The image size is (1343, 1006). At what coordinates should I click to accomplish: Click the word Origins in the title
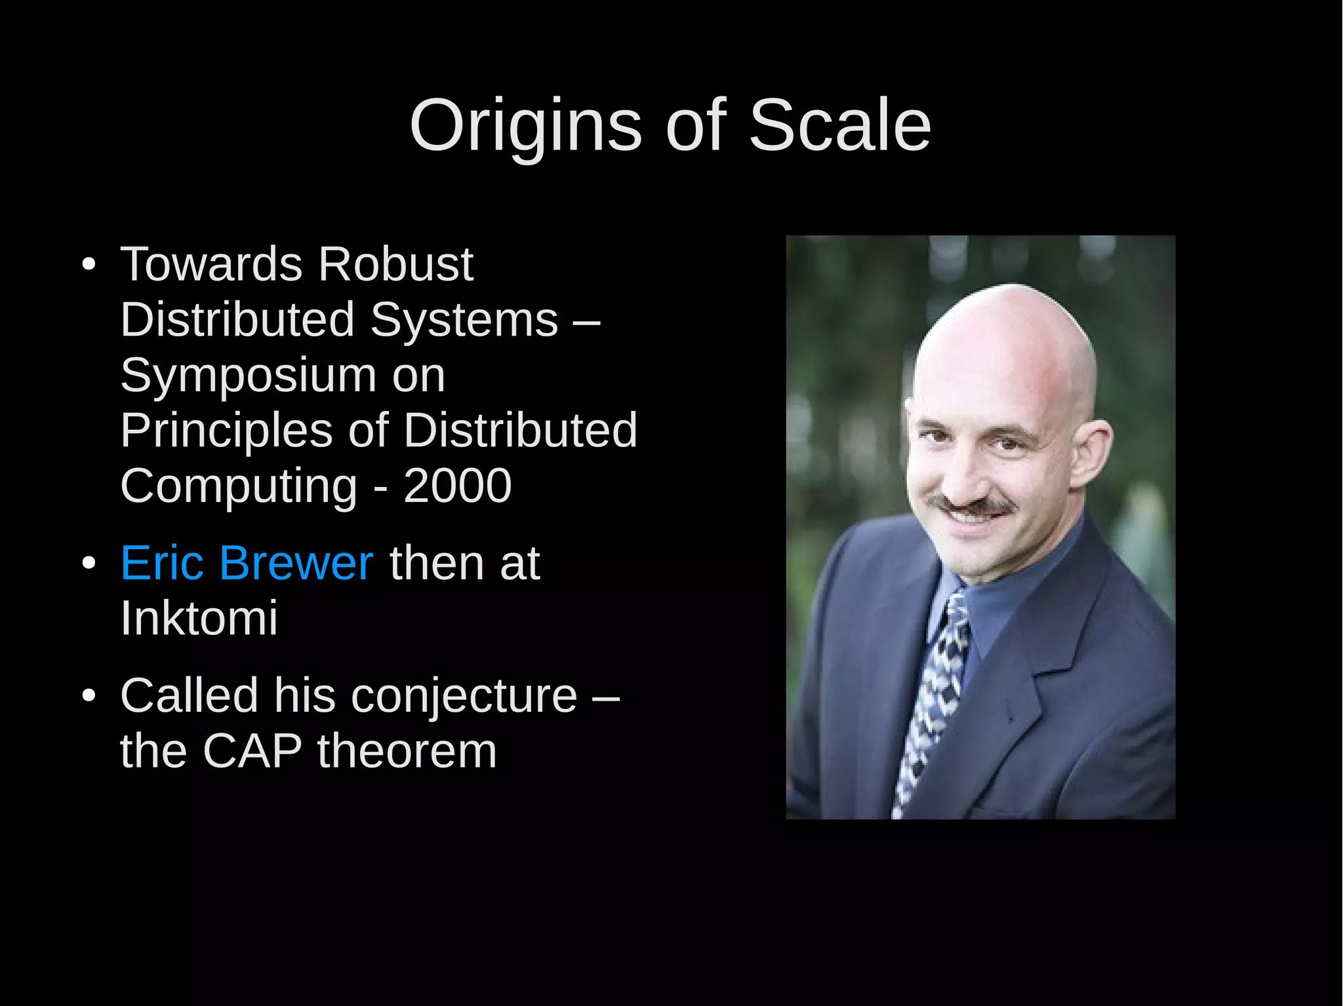(525, 126)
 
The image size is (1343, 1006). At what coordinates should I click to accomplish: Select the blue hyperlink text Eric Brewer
(247, 562)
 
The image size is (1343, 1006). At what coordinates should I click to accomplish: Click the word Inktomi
(199, 618)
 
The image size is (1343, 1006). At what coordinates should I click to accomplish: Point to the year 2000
(457, 486)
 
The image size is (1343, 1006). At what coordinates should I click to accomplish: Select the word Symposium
(248, 376)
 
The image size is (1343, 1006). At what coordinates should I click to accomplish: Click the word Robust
(395, 264)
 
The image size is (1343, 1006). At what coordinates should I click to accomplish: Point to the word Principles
(226, 431)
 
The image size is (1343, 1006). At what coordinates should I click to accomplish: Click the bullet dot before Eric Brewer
(89, 564)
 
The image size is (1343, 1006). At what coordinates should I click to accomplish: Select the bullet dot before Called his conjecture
(89, 697)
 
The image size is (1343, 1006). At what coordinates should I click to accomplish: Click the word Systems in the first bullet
(464, 320)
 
